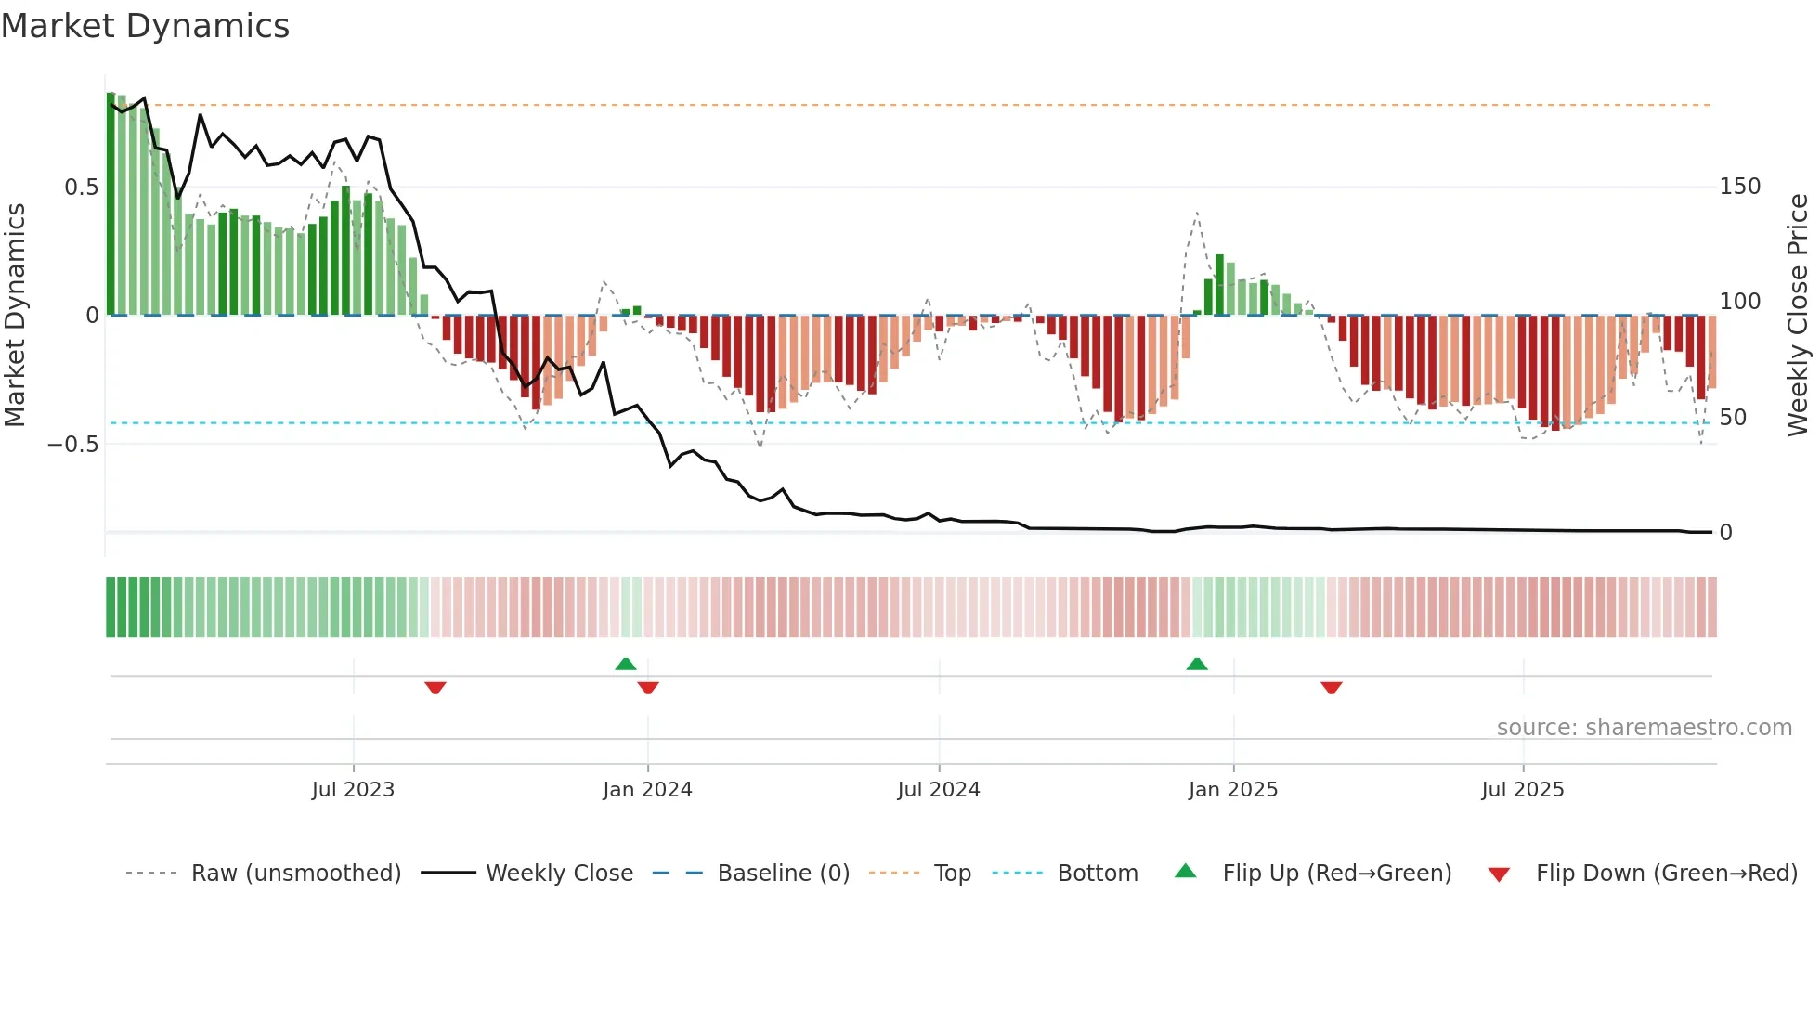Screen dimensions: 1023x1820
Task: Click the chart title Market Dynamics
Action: point(145,26)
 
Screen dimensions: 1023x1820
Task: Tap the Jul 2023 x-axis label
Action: point(353,790)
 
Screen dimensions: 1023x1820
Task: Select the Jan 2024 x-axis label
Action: point(647,790)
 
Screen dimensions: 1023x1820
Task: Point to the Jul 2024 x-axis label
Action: point(939,790)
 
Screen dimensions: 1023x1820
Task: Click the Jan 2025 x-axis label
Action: point(1233,790)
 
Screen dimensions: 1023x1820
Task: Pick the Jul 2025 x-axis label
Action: point(1523,790)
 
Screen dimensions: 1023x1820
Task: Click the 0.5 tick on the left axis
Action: point(82,188)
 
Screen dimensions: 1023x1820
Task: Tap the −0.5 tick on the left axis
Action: point(73,445)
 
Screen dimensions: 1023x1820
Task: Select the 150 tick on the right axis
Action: point(1739,187)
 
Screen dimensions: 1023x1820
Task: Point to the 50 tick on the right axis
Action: point(1733,418)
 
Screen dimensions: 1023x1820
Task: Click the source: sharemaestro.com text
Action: point(1644,728)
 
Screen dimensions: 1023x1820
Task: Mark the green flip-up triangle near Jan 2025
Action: point(1197,664)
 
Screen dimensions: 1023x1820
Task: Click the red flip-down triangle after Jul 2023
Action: point(435,688)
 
